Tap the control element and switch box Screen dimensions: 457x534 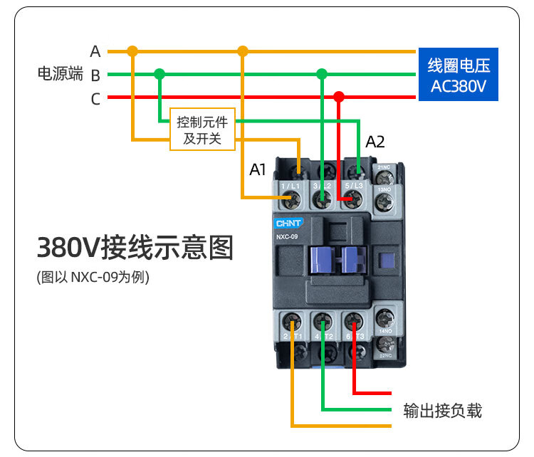point(202,130)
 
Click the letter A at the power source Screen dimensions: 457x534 point(95,52)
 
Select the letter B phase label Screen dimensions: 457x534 point(95,75)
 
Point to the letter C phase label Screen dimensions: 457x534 point(95,99)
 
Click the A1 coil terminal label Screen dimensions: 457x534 point(258,170)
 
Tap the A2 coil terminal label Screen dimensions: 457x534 point(375,142)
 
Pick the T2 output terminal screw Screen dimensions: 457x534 point(323,320)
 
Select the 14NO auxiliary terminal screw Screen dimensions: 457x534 point(384,317)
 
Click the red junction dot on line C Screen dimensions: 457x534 point(339,97)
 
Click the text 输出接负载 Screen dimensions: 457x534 point(442,410)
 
